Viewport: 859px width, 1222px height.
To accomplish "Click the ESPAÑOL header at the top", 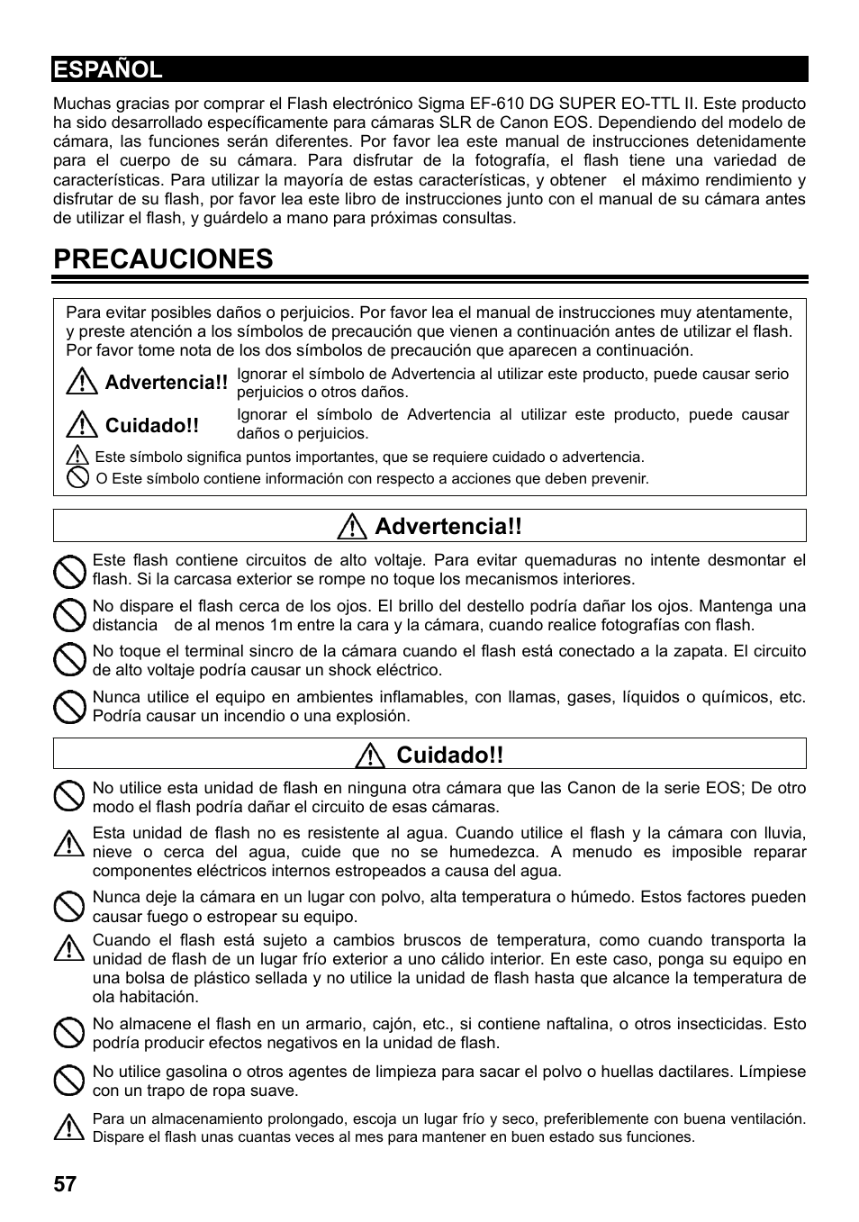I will pyautogui.click(x=108, y=69).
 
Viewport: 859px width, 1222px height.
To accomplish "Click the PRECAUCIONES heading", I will pyautogui.click(x=163, y=259).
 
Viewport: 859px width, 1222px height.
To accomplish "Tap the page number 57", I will pyautogui.click(x=65, y=1183).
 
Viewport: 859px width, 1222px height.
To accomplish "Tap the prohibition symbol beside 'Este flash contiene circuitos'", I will pyautogui.click(x=69, y=570).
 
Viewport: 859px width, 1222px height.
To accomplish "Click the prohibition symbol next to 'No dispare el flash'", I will pyautogui.click(x=69, y=616).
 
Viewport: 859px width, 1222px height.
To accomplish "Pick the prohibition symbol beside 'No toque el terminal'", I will pyautogui.click(x=69, y=661).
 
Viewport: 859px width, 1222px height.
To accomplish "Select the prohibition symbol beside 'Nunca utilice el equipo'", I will pyautogui.click(x=69, y=707).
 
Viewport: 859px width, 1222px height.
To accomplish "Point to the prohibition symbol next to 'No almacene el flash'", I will pyautogui.click(x=69, y=1033).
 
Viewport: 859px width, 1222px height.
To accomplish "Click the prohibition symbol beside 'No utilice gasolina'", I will pyautogui.click(x=69, y=1081).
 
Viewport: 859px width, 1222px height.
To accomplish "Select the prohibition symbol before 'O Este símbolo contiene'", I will pyautogui.click(x=78, y=478).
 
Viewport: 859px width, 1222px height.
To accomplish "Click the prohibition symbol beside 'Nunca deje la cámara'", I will pyautogui.click(x=69, y=906).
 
